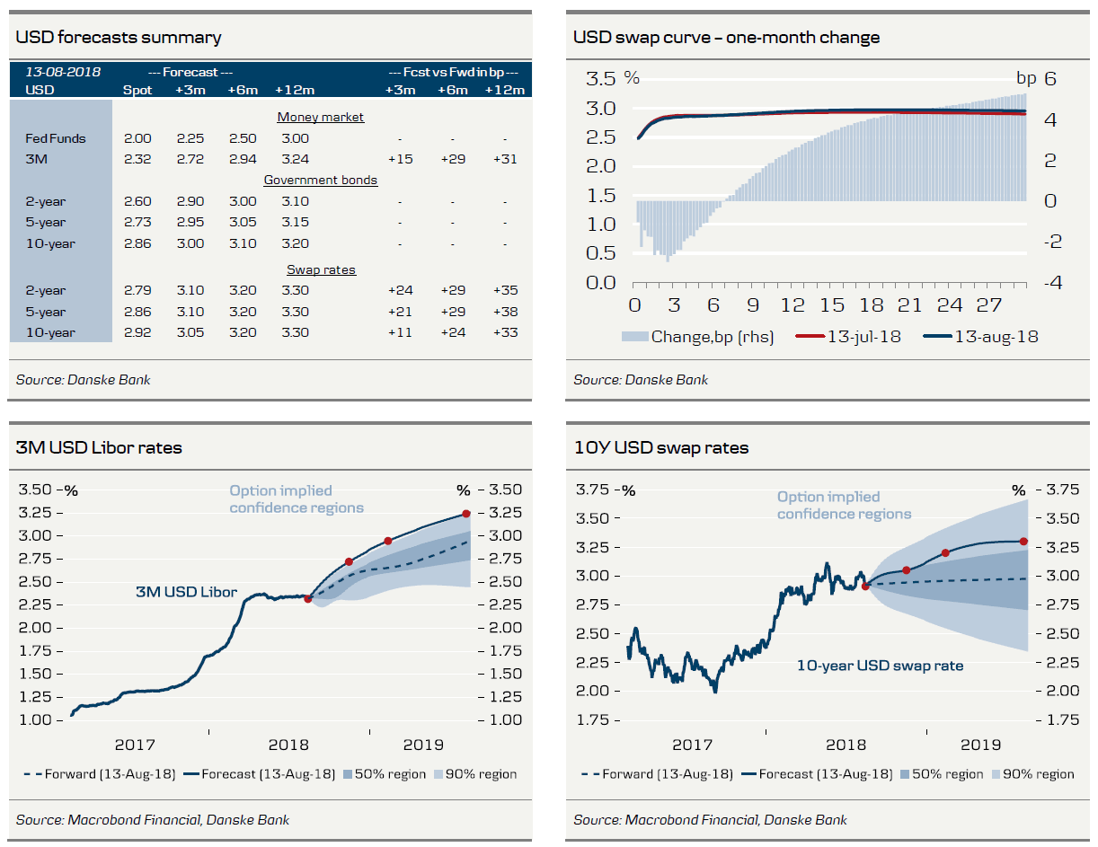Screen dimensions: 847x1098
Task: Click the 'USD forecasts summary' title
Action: [119, 38]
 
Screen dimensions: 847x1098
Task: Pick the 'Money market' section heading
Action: [320, 117]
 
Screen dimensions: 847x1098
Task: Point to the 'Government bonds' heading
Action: [320, 180]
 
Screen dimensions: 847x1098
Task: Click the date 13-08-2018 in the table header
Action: [63, 72]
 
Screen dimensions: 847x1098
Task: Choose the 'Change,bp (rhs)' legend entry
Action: [697, 337]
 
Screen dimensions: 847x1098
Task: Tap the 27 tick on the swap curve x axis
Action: [989, 305]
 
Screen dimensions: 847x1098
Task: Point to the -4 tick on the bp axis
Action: [1049, 282]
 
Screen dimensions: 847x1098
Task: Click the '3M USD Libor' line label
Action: [186, 592]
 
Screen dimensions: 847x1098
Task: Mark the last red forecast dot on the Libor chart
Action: [466, 513]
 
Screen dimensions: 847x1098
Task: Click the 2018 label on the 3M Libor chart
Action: [288, 745]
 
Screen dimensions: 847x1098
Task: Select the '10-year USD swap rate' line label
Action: [880, 666]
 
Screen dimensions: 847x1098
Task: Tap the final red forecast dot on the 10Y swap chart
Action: [1024, 541]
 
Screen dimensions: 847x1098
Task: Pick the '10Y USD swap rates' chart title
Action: [661, 447]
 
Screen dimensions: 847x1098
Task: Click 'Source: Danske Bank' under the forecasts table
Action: [83, 380]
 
